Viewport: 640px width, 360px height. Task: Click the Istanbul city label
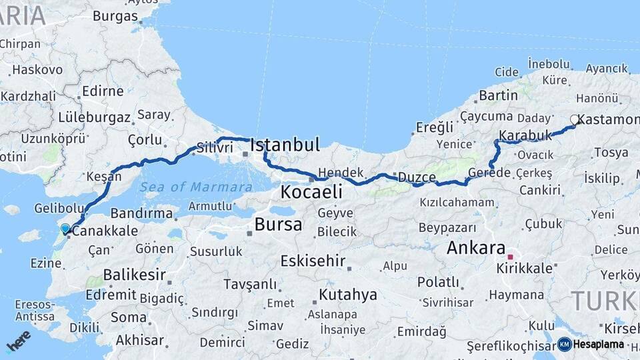[x=285, y=145]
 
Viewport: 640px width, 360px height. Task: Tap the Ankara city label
[x=476, y=248]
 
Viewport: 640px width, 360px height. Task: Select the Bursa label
[x=279, y=224]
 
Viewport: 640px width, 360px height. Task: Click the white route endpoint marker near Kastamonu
[x=575, y=120]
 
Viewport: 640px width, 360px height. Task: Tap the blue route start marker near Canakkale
[x=65, y=229]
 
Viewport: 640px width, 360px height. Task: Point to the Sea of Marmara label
[x=196, y=187]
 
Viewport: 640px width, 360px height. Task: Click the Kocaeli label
[x=311, y=192]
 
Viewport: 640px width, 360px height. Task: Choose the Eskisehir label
[x=313, y=261]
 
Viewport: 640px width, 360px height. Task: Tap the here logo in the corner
[x=19, y=341]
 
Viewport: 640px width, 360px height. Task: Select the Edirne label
[x=103, y=91]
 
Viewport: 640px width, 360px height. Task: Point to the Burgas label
[x=115, y=16]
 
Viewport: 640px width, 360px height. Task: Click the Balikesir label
[x=135, y=274]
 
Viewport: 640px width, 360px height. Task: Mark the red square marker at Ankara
[x=511, y=257]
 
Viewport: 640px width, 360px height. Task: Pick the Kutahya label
[x=348, y=294]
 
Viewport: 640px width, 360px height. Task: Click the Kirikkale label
[x=525, y=268]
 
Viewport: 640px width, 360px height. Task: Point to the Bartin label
[x=498, y=95]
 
